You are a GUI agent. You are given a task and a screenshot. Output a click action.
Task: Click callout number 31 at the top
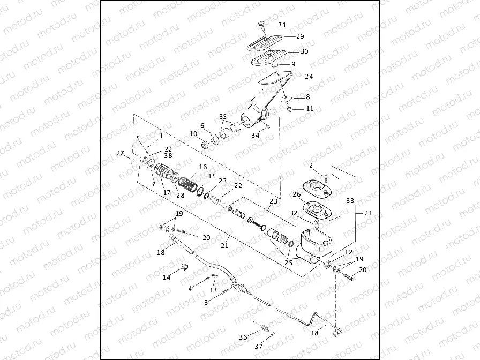click(282, 25)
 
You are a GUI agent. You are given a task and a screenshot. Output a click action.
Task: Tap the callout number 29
click(299, 36)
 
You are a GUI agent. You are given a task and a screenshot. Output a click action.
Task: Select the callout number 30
click(304, 51)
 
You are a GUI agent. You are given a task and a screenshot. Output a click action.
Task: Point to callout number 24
click(309, 77)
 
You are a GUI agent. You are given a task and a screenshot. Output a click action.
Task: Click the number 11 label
click(310, 108)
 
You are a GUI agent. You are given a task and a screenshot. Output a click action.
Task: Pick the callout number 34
click(256, 136)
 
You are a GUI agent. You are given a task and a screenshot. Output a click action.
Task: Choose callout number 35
click(223, 116)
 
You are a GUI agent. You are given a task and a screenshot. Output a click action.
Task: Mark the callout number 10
click(193, 133)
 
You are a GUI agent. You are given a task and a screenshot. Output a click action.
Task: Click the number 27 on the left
click(120, 153)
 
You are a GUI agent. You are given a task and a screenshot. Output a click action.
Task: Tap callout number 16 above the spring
click(202, 167)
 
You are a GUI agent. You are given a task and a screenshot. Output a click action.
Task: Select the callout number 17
click(167, 192)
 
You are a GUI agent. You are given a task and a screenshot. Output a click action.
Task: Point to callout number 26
click(296, 194)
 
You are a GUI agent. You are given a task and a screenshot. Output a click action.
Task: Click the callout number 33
click(350, 201)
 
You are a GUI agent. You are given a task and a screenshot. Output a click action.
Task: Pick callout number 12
click(348, 252)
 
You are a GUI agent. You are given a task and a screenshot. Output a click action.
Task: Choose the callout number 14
click(167, 277)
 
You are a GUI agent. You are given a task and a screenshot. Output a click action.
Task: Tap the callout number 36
click(243, 337)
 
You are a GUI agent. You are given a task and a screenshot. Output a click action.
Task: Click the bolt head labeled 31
click(260, 24)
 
